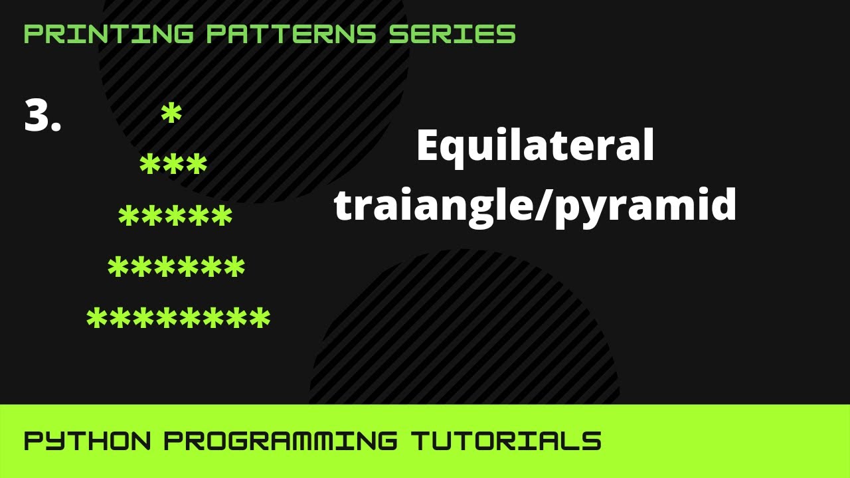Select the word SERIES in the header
452,34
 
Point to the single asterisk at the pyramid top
171,115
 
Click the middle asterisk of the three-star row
173,165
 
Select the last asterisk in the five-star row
222,216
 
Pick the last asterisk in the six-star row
234,268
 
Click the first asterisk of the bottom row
97,319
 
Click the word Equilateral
535,147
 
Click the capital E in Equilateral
428,146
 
